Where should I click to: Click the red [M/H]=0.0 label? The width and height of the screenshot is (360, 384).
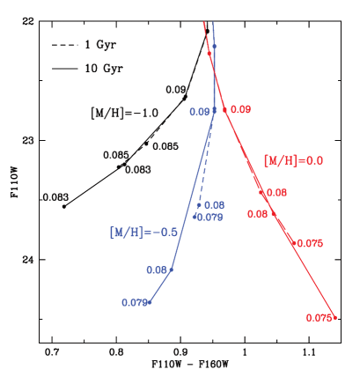(x=293, y=160)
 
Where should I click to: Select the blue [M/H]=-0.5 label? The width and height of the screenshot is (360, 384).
(x=143, y=233)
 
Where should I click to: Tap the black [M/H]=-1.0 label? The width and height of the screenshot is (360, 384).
(x=124, y=112)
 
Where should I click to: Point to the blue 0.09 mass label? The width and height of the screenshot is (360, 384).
(x=199, y=112)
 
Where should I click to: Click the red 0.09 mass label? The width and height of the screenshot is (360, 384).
(x=240, y=109)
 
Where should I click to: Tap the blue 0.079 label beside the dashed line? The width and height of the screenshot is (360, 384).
(x=209, y=217)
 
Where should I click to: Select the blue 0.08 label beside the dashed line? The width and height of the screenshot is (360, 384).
(x=214, y=204)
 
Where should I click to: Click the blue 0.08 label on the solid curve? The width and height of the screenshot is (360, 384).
(x=157, y=270)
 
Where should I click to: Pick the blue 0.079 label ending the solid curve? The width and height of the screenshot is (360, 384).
(x=134, y=303)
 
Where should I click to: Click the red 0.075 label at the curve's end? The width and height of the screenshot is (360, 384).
(x=319, y=318)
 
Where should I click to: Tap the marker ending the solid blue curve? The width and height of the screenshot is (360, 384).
(x=151, y=302)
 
